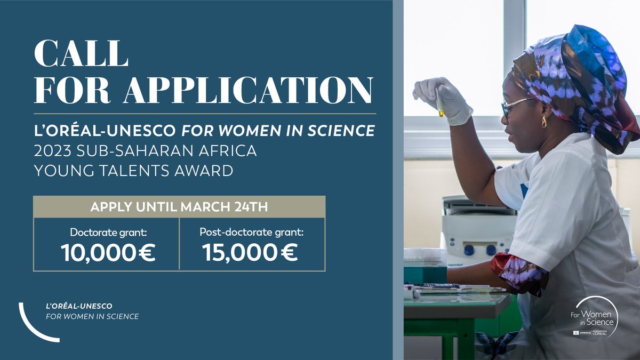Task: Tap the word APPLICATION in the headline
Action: tap(247, 90)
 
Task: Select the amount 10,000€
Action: tap(108, 253)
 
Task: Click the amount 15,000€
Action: tap(250, 253)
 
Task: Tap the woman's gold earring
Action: tap(544, 122)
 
